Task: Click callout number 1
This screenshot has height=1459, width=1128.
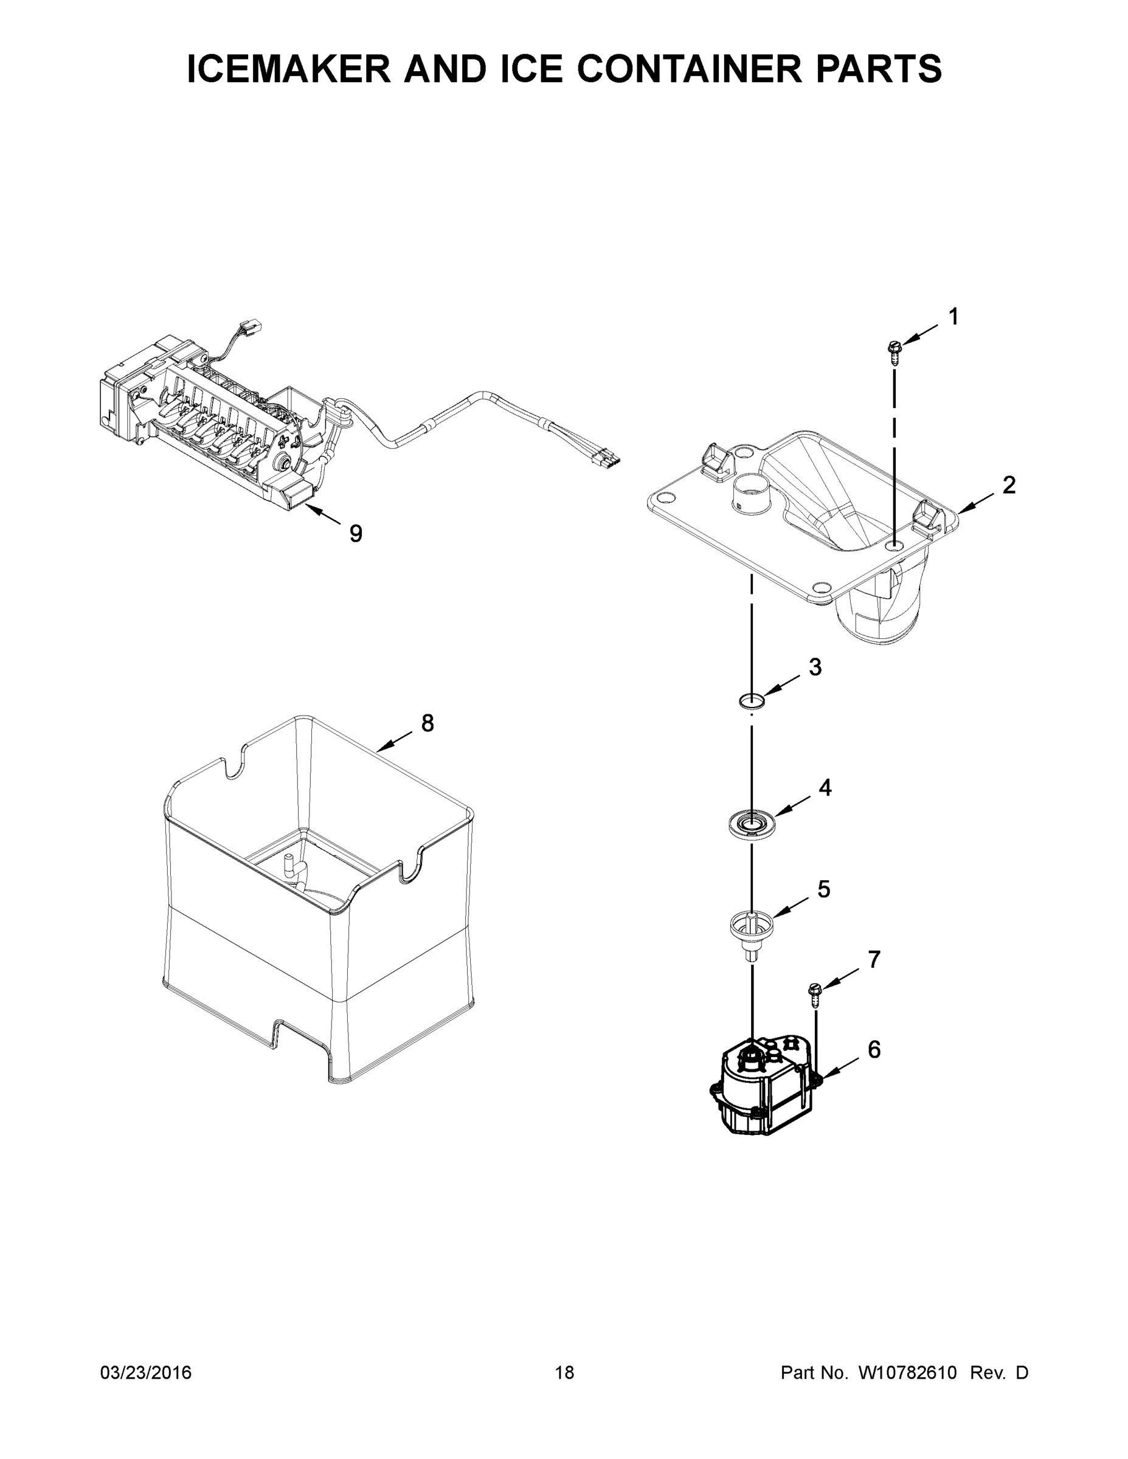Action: pyautogui.click(x=953, y=317)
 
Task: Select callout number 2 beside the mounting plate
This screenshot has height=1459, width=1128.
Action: pyautogui.click(x=1008, y=485)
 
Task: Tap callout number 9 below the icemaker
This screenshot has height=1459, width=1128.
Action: pyautogui.click(x=356, y=533)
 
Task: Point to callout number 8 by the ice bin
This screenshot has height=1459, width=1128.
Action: pyautogui.click(x=427, y=723)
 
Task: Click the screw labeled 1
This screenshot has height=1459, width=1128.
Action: pyautogui.click(x=894, y=350)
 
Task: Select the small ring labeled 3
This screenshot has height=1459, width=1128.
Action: pyautogui.click(x=752, y=701)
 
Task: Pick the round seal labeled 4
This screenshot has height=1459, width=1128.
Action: pyautogui.click(x=752, y=823)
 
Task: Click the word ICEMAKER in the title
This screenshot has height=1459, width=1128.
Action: pyautogui.click(x=289, y=69)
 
